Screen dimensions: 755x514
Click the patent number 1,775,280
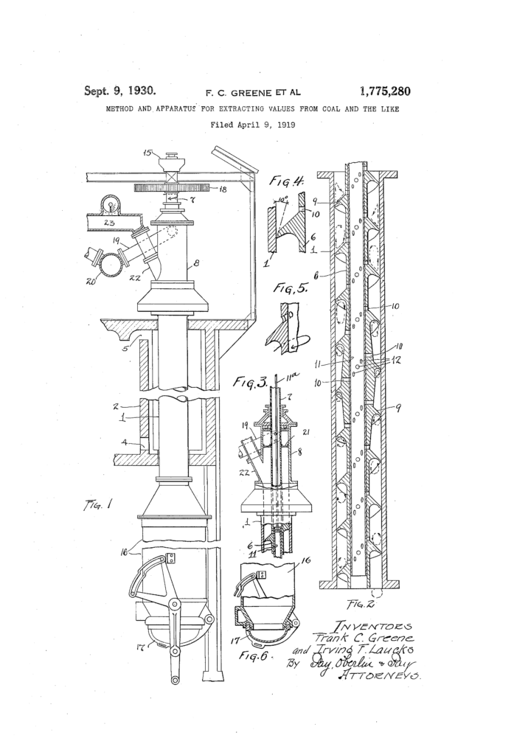(385, 92)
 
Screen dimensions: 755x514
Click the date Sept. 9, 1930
(119, 91)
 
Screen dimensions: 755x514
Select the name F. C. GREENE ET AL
(253, 93)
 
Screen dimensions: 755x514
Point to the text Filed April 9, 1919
(253, 125)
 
